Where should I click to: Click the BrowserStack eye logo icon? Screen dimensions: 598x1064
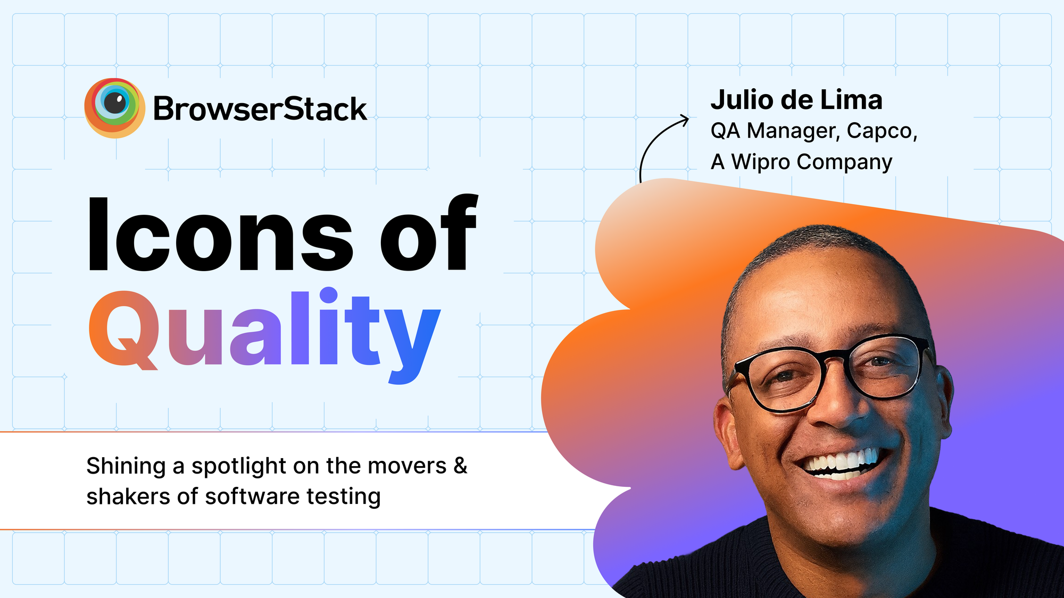114,108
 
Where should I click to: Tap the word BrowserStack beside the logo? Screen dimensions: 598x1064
260,110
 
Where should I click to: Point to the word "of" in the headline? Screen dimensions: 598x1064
429,234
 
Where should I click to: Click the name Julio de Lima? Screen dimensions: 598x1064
796,100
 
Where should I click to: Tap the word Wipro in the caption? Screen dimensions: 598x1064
761,162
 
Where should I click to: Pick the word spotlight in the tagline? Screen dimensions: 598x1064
239,466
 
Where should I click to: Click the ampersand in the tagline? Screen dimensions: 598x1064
460,466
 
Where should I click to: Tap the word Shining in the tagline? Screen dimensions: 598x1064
126,466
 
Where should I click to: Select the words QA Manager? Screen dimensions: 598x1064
775,131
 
